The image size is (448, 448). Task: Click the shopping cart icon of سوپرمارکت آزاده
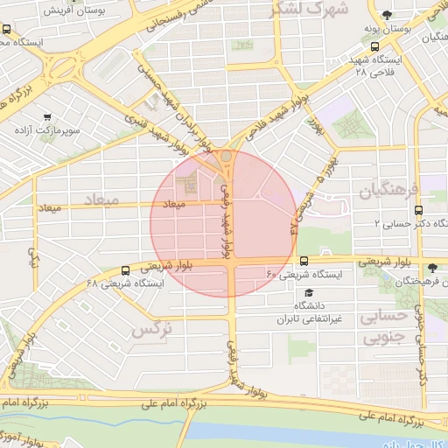pos(45,115)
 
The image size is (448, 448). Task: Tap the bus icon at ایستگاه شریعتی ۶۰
pos(304,261)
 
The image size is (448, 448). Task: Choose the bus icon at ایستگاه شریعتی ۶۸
pos(126,270)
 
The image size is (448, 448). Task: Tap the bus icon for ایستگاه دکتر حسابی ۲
pos(418,210)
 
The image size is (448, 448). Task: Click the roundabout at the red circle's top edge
pos(227,156)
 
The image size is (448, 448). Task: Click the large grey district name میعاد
pos(101,201)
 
